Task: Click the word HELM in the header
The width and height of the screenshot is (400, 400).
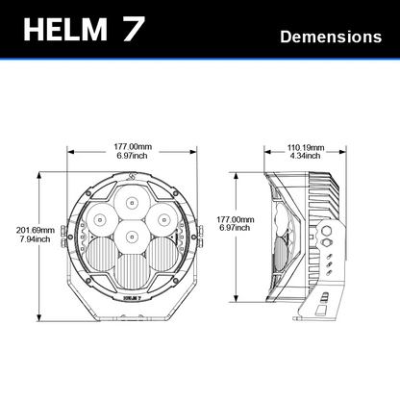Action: coord(65,29)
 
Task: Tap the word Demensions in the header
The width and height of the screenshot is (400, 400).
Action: coord(331,37)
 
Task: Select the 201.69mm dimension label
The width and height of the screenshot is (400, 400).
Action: coord(36,230)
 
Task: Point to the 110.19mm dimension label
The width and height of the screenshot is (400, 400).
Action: coord(306,148)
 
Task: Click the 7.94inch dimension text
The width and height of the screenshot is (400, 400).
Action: coord(36,238)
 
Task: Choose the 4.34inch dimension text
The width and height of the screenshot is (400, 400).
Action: coord(305,156)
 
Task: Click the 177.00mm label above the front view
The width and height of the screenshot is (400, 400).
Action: coord(133,147)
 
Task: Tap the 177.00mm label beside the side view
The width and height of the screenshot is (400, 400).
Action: coord(236,219)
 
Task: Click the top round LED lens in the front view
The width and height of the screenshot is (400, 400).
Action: coord(132,202)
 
